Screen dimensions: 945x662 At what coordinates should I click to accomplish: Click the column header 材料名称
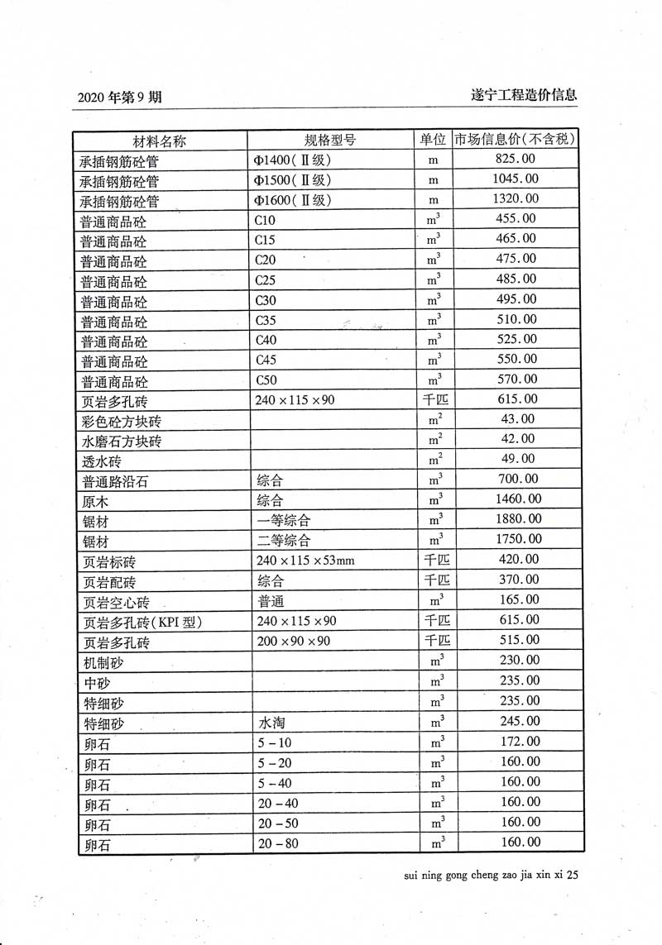pos(161,139)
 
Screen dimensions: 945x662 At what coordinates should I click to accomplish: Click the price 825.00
pos(516,159)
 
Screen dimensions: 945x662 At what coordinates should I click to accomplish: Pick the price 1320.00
pos(516,198)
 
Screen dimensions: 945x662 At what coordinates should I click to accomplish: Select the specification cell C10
pos(266,219)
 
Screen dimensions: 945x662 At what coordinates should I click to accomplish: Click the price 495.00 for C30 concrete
pos(516,299)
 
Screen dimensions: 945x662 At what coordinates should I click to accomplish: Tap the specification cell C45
pos(266,360)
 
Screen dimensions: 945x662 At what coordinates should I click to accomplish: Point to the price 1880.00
pos(516,518)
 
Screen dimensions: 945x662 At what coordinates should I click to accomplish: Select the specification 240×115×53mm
pos(305,561)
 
